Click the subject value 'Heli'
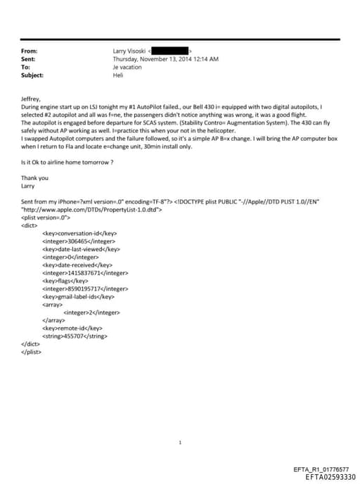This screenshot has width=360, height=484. (x=117, y=75)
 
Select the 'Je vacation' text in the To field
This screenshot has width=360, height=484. (x=127, y=67)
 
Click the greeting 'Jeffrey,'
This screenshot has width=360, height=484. (x=31, y=100)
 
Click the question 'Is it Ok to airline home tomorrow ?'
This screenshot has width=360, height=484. (x=67, y=163)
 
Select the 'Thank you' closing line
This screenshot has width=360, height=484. (x=34, y=178)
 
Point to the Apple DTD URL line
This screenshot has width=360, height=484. (x=92, y=210)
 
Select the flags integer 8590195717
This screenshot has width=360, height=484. (x=85, y=288)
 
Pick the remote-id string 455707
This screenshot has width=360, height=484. (x=75, y=336)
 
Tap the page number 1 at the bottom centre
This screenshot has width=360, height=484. (x=181, y=442)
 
